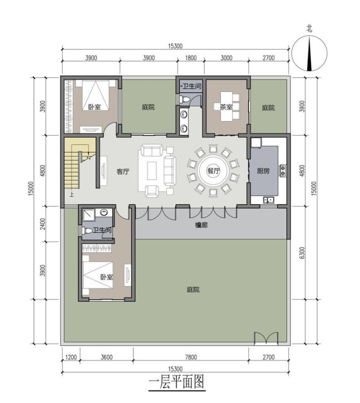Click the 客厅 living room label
(123, 171)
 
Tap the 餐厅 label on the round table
(214, 170)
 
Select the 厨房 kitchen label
(263, 170)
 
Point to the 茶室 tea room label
(226, 107)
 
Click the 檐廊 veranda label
(201, 225)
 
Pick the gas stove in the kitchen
(283, 171)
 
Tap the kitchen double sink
(268, 199)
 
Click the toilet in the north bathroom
(184, 99)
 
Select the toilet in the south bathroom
(87, 231)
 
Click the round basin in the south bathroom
(103, 212)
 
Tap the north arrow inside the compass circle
(309, 53)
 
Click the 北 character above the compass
(309, 28)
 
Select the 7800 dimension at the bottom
(191, 357)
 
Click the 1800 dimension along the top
(190, 58)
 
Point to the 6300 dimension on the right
(302, 252)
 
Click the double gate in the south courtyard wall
(266, 337)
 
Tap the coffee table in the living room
(152, 170)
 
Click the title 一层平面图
(176, 382)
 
